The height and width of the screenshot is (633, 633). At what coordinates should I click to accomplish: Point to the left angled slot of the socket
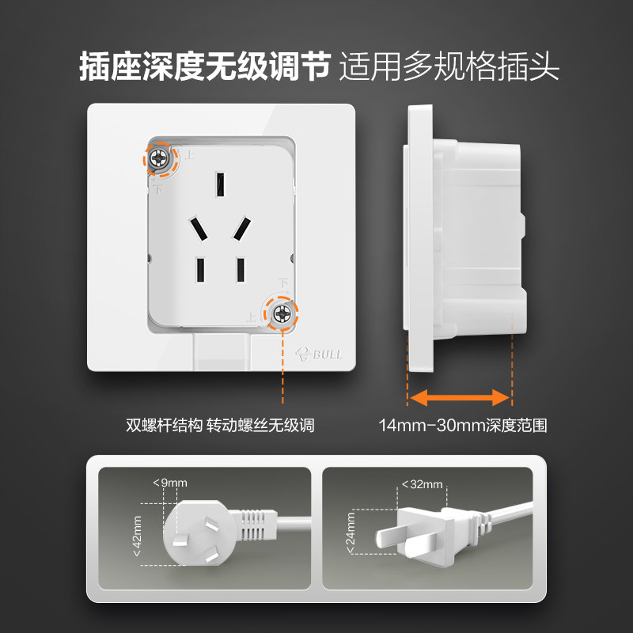point(198,230)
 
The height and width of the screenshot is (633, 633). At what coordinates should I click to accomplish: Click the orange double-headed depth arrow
point(459,396)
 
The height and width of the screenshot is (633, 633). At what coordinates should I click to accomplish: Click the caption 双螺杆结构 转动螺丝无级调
point(220,426)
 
